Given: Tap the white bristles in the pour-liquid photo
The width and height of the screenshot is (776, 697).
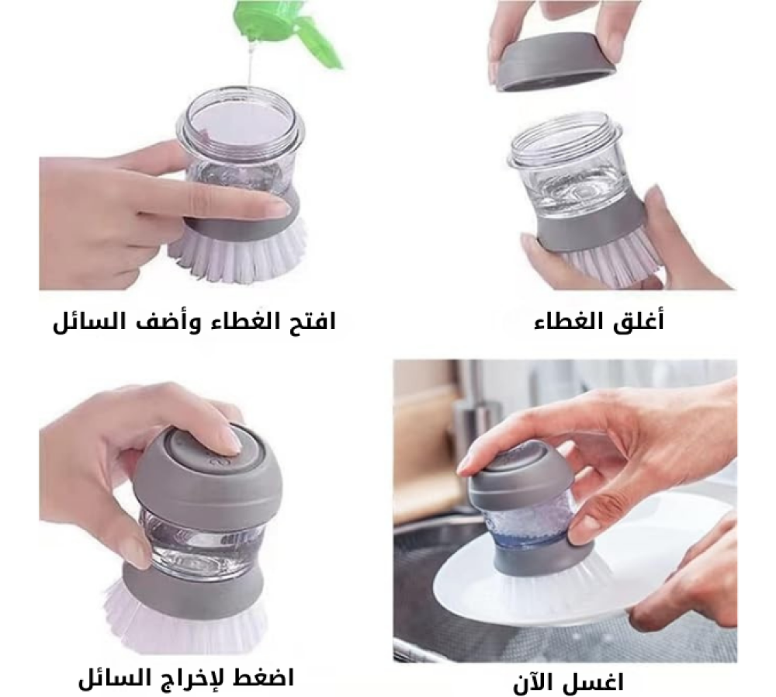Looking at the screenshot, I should click(233, 256).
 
